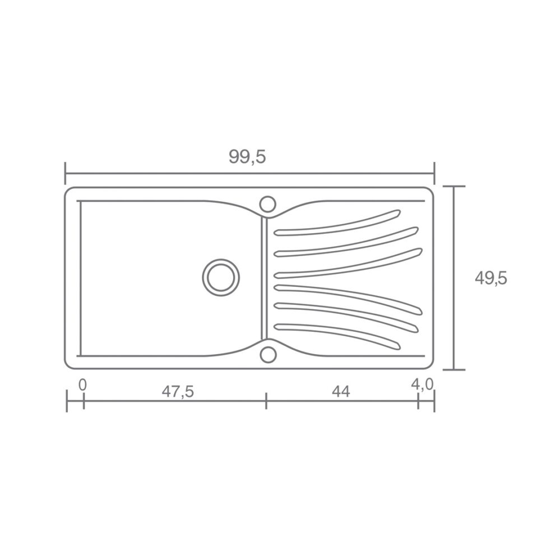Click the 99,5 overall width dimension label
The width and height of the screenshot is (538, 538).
247,157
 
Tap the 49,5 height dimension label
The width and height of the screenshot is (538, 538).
491,278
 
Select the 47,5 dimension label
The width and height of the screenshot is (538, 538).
178,392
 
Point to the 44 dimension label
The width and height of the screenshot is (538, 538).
341,392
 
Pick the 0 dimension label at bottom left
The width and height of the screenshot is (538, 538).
82,384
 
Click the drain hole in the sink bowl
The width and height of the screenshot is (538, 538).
221,277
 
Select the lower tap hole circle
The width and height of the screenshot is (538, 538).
268,354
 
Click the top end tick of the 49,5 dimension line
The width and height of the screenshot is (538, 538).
458,186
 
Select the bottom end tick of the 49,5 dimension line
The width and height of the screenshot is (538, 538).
458,370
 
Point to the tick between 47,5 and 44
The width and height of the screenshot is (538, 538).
266,401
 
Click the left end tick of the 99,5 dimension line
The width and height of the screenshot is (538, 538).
66,173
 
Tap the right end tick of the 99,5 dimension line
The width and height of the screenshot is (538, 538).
434,173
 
